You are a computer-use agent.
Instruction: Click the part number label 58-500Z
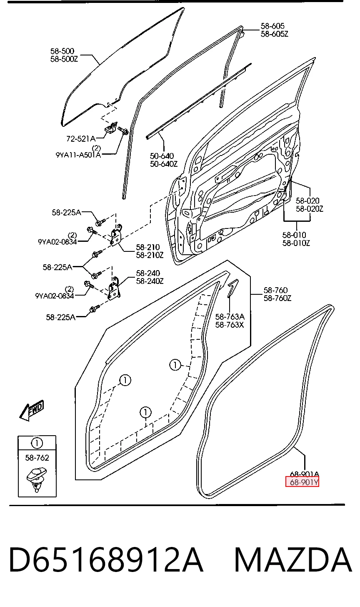(x=64, y=59)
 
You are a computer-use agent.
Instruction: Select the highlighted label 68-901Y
(x=302, y=482)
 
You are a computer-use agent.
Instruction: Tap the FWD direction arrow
(x=32, y=410)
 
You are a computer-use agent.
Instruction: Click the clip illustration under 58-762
(x=37, y=479)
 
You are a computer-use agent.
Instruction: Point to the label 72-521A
(x=81, y=139)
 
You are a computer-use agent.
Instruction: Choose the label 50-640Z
(x=164, y=164)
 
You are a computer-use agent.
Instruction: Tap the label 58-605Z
(x=275, y=34)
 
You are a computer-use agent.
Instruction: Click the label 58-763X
(x=230, y=325)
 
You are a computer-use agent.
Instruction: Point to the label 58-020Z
(x=309, y=209)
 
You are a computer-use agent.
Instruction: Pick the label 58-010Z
(x=296, y=243)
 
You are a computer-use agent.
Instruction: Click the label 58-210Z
(x=150, y=255)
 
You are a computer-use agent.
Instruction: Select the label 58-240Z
(x=150, y=281)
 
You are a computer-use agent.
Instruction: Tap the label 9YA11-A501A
(x=78, y=155)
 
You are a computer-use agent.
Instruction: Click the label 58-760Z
(x=277, y=298)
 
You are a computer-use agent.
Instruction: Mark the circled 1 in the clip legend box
(x=37, y=443)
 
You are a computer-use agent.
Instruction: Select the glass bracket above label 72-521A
(x=111, y=127)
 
